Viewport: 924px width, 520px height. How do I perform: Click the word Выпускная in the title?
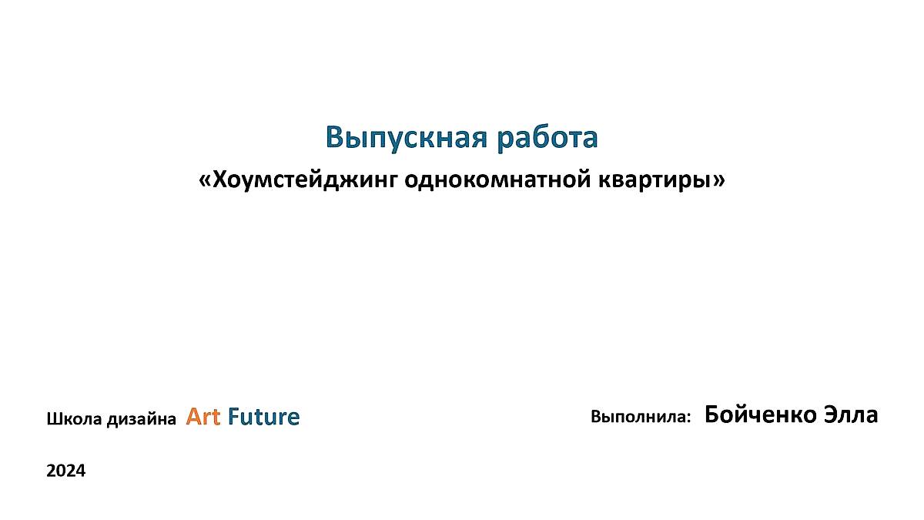tap(407, 138)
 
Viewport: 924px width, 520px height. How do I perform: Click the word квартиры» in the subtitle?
tap(661, 180)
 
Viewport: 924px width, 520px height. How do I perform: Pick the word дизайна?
tap(142, 419)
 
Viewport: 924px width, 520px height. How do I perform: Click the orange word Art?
tap(203, 416)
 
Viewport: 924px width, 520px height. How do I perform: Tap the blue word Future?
tap(264, 416)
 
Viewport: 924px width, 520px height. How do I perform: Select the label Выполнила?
tap(641, 417)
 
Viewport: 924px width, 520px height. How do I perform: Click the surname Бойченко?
tap(761, 414)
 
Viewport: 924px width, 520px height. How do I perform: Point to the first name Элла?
tap(851, 414)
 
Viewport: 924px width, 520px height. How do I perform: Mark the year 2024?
tap(66, 471)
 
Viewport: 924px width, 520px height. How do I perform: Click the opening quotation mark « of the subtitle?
tap(205, 181)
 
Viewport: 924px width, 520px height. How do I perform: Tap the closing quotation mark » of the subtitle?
tap(719, 181)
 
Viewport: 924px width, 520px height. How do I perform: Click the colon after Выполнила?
tap(688, 418)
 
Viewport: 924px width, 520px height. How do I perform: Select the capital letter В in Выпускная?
tap(336, 137)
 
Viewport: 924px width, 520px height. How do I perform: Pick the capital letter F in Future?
tap(234, 416)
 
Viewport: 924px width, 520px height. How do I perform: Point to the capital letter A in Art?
tap(194, 416)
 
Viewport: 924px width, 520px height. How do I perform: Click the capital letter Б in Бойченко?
tap(712, 414)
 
